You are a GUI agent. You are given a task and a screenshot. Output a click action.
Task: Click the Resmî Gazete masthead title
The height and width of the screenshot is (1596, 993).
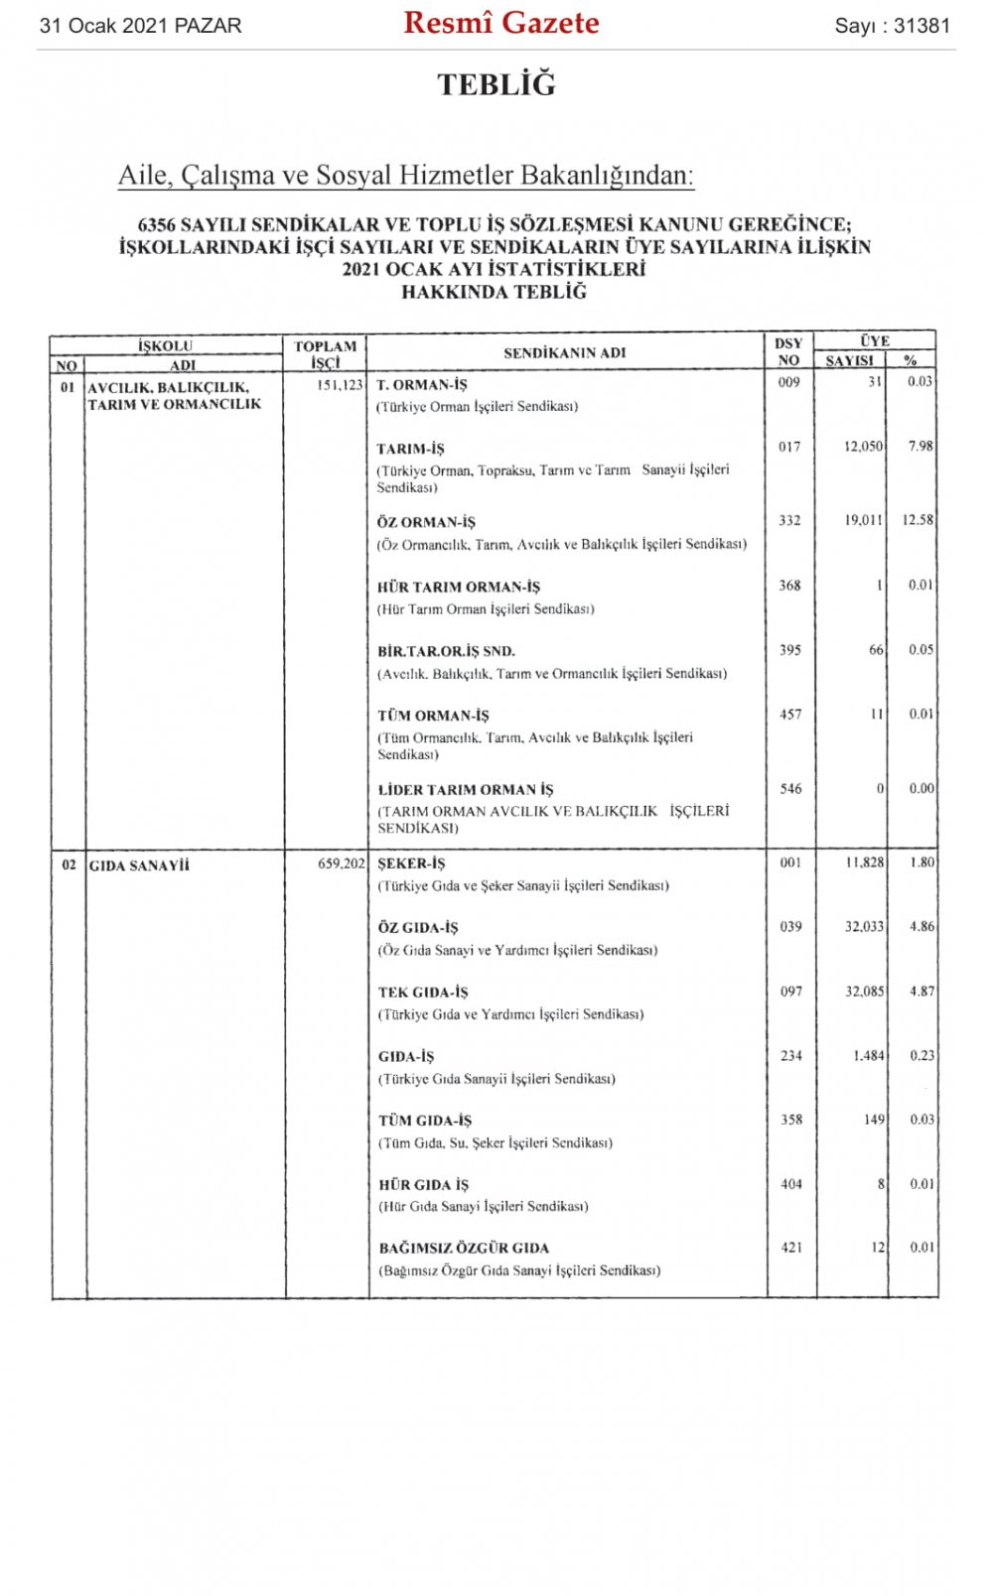pos(500,24)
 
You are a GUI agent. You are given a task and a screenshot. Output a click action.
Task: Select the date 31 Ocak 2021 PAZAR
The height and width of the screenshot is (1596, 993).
pos(140,26)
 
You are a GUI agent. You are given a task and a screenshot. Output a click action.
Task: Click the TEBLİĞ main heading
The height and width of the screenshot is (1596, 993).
pos(496,84)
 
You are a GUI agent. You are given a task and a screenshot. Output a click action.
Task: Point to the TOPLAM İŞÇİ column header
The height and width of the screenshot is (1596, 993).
pos(325,354)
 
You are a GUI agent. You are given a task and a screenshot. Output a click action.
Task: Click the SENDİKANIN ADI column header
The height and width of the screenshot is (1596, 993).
pos(564,352)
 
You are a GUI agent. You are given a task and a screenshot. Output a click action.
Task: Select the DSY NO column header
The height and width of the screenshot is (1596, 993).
pos(788,352)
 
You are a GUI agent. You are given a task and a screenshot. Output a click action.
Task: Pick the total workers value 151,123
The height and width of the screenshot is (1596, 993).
pos(341,385)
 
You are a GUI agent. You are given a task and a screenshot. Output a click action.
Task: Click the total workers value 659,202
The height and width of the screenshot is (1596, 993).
pos(342,864)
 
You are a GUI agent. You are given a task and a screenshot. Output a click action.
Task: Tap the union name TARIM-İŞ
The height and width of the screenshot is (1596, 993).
pos(410,449)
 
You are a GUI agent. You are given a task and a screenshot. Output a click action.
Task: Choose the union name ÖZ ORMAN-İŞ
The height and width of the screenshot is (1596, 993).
pos(426,522)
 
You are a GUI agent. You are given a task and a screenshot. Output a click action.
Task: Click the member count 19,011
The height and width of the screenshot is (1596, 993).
pos(863,520)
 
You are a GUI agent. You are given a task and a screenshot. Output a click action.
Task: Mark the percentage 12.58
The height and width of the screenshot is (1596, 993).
pos(918,520)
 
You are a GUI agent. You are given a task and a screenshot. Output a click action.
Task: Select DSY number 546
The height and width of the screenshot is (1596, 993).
pos(790,789)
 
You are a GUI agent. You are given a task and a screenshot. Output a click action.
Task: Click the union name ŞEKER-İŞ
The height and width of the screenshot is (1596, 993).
pos(411,864)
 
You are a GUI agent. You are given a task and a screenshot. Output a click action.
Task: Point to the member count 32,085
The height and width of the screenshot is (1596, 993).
pos(864,992)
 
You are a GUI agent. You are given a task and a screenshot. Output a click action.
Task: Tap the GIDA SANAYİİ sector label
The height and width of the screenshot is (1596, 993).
pos(139,865)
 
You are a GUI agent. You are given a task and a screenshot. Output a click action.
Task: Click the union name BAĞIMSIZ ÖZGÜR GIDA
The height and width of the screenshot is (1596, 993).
pos(464,1249)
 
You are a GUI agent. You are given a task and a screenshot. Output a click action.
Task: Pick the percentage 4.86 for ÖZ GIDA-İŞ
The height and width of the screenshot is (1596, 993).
pos(922,927)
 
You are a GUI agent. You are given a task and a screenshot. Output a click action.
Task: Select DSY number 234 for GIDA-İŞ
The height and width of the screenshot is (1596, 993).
pos(791,1056)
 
